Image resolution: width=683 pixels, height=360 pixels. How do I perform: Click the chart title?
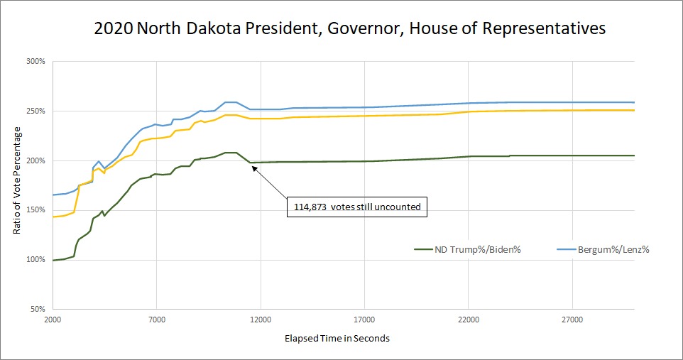click(350, 29)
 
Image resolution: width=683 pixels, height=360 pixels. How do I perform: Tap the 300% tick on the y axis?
click(35, 62)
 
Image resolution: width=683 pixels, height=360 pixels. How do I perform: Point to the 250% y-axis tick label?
click(35, 111)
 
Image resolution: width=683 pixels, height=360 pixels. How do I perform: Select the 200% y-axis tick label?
click(35, 160)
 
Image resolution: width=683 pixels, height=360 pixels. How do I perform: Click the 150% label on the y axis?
click(35, 210)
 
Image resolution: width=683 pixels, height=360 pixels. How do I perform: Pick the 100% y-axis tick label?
click(35, 260)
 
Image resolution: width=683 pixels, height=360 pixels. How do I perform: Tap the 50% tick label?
click(38, 309)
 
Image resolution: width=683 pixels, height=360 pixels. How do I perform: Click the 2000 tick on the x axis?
click(53, 320)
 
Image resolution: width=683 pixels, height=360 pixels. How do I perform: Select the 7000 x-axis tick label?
click(156, 320)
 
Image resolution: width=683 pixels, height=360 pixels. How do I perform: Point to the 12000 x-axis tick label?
click(261, 320)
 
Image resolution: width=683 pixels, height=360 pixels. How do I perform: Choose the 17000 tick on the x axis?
click(364, 320)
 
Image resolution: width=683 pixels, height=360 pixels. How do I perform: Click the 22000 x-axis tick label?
click(468, 320)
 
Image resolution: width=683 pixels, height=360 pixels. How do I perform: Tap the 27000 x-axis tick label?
click(572, 320)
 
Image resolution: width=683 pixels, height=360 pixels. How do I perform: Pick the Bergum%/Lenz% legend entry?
click(616, 249)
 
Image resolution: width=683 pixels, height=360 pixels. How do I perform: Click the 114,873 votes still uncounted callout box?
click(359, 207)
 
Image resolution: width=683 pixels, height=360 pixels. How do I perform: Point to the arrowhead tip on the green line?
click(251, 163)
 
